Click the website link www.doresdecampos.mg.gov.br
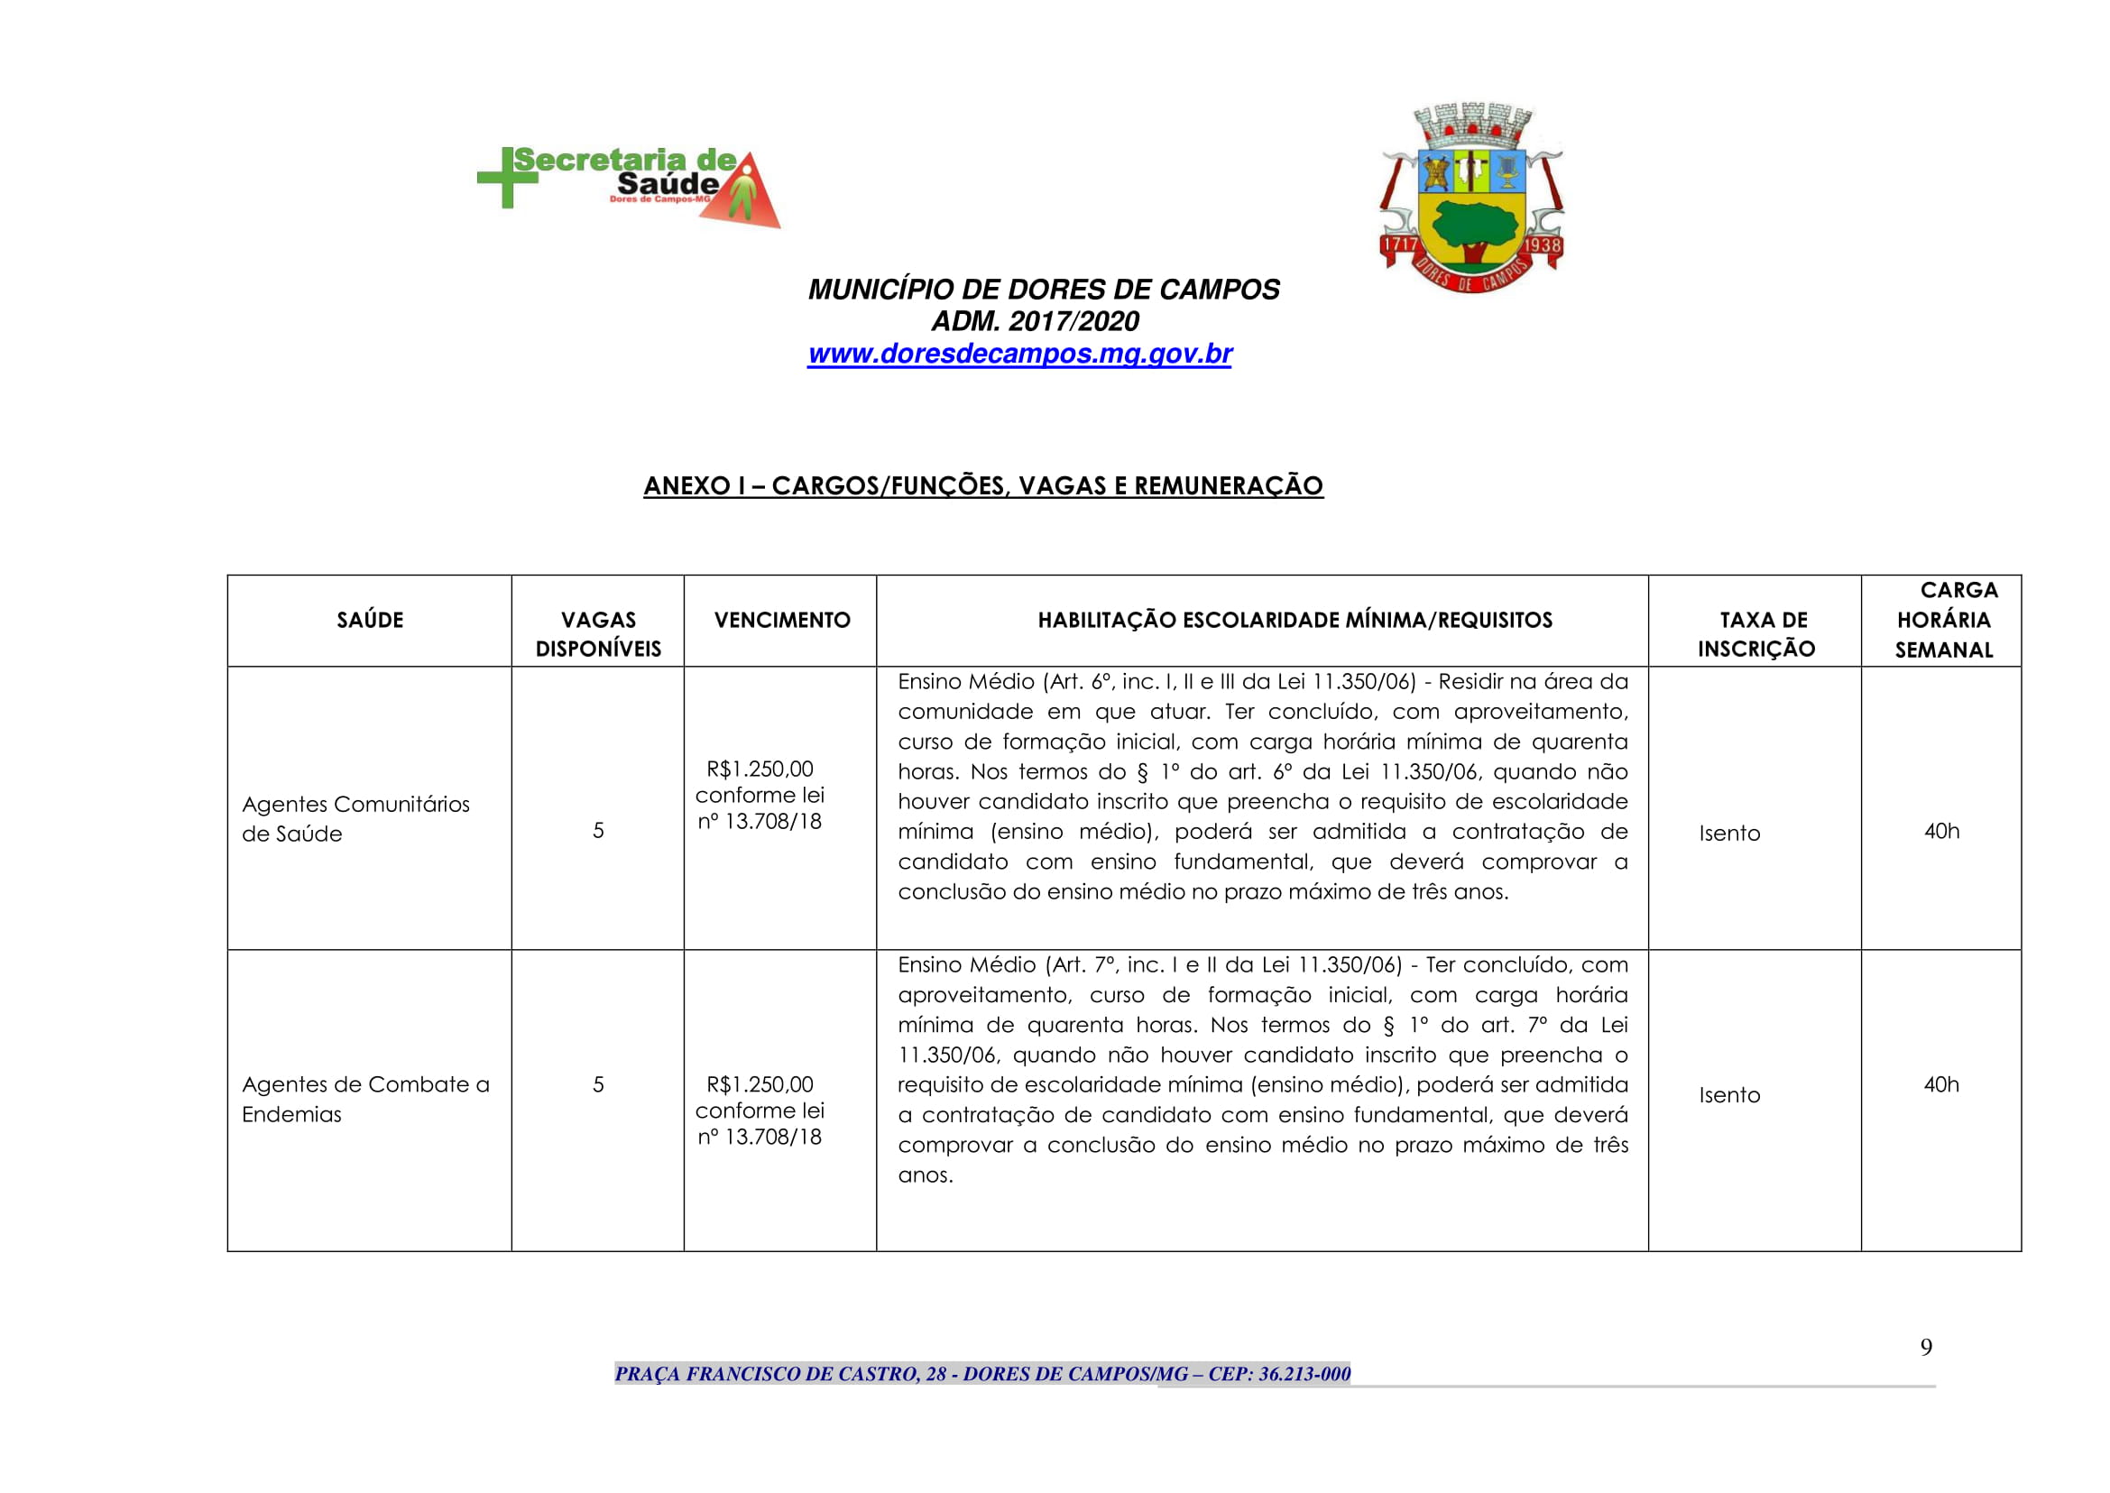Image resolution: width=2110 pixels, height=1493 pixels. tap(1018, 354)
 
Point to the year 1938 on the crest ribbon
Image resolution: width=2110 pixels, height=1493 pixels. tap(1542, 245)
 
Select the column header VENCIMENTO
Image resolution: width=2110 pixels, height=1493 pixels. tap(781, 620)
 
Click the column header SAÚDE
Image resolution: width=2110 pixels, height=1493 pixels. tap(370, 620)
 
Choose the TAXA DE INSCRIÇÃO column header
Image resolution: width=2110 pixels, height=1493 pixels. tap(1755, 634)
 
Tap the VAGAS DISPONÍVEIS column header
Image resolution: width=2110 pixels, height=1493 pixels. tap(597, 634)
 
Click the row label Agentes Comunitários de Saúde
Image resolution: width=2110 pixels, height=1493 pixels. tap(355, 818)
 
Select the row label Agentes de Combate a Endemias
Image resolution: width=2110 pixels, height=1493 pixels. tap(365, 1099)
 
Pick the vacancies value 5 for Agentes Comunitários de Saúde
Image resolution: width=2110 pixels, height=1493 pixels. tap(597, 831)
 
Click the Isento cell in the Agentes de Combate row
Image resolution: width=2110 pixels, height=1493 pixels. tap(1728, 1095)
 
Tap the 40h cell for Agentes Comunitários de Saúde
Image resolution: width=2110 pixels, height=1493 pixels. tap(1940, 831)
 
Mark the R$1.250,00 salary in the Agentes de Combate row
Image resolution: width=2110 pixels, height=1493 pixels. tap(760, 1085)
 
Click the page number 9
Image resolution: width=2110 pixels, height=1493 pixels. tap(1925, 1348)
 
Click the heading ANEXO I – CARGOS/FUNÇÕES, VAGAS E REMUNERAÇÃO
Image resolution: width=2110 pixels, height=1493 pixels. tap(982, 485)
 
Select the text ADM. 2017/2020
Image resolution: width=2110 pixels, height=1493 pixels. tap(1035, 321)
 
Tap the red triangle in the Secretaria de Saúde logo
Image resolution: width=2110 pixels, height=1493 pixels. tap(747, 198)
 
